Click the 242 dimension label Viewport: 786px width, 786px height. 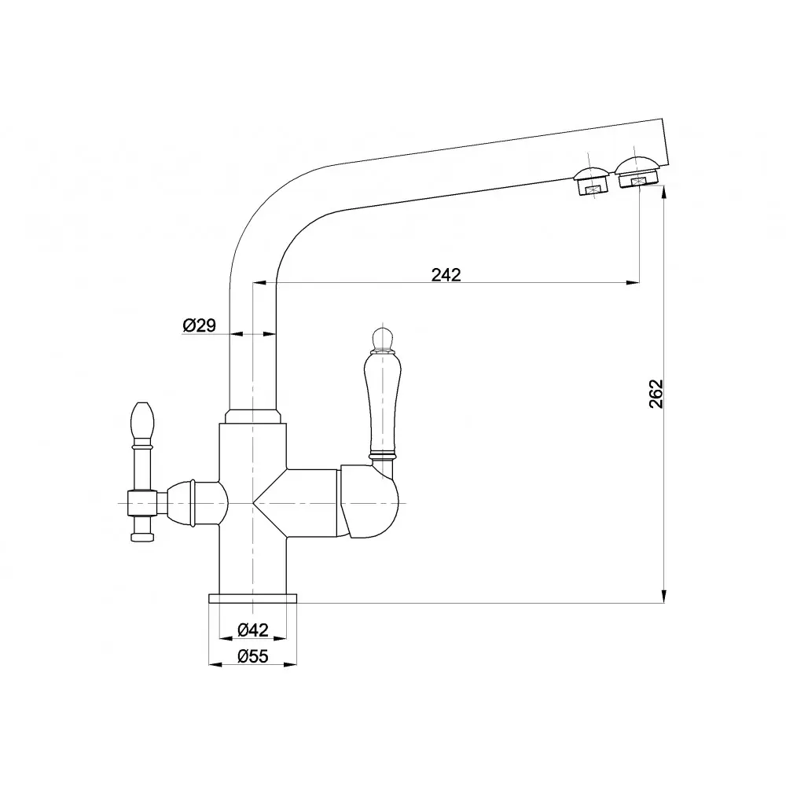tap(446, 274)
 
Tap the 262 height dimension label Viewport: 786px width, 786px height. tap(656, 394)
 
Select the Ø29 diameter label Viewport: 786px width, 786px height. tap(199, 325)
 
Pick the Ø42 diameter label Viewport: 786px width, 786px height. tap(253, 629)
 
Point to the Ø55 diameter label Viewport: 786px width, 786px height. tap(253, 656)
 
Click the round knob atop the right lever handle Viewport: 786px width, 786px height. tap(383, 338)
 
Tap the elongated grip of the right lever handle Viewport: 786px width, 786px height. tap(382, 402)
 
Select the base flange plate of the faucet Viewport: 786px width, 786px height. tap(252, 598)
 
